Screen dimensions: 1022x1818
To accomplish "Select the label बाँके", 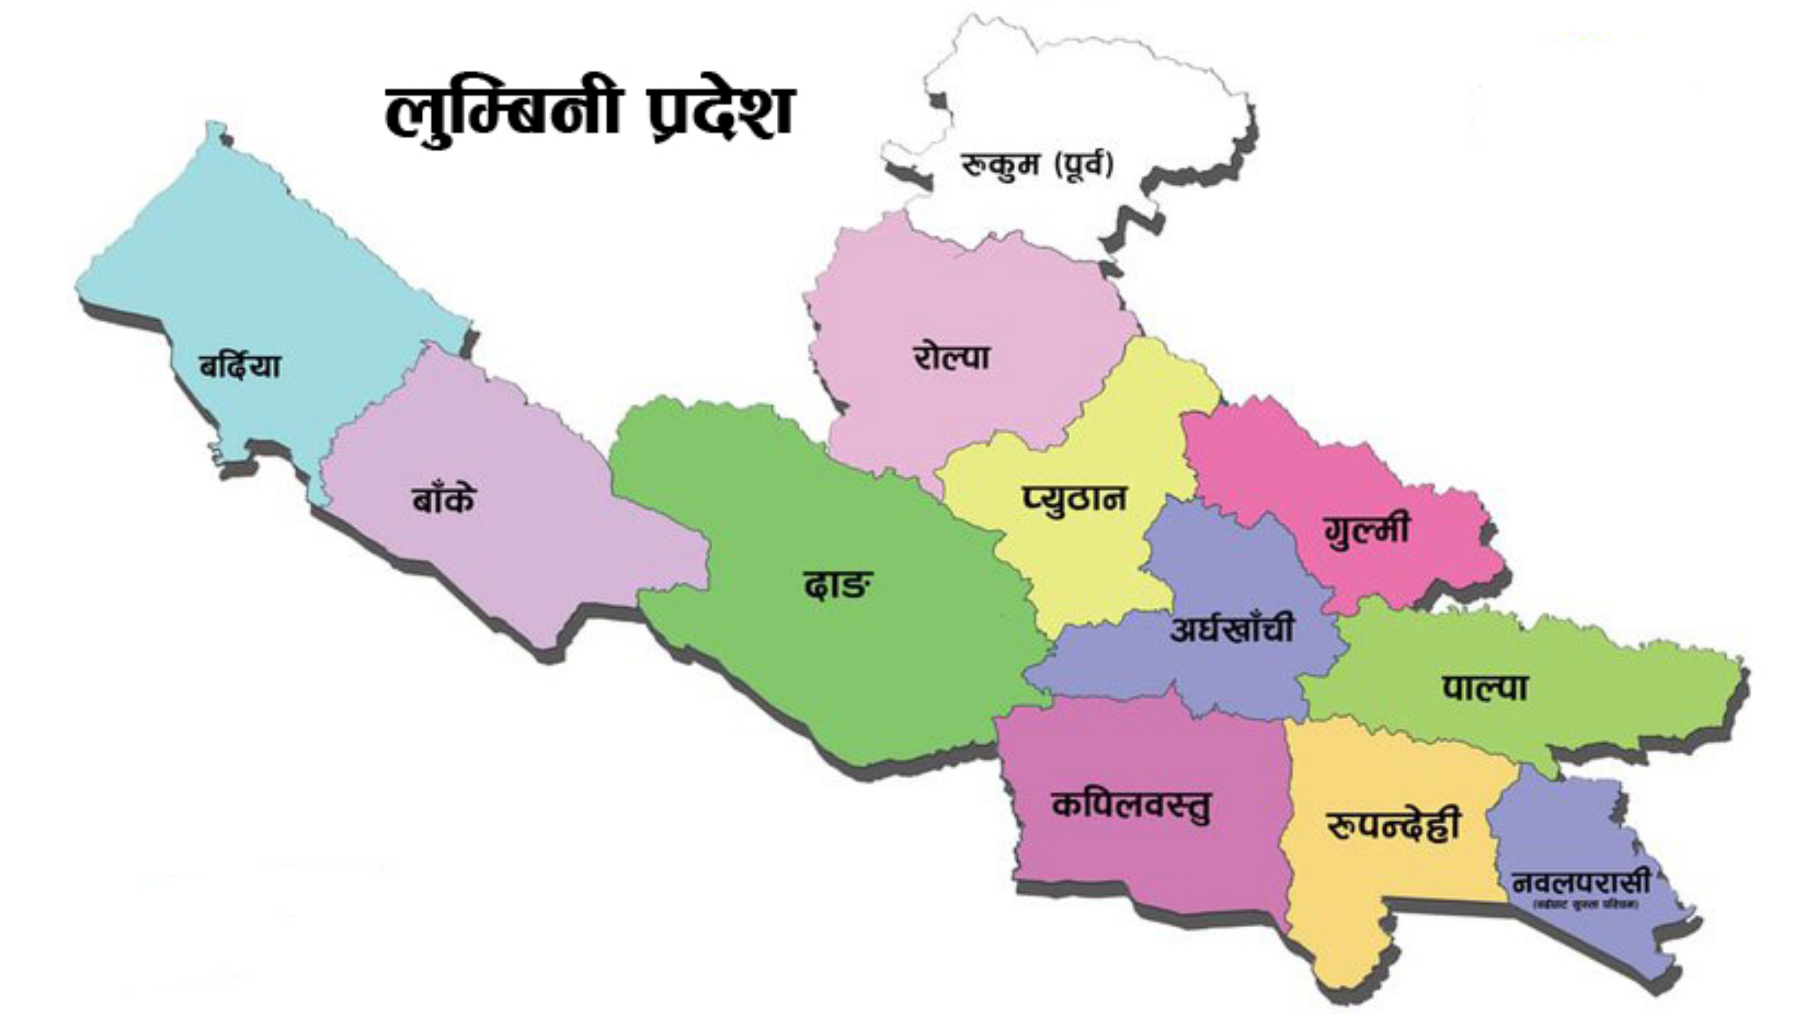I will pos(444,500).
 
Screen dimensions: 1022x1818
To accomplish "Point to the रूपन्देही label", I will pos(1392,827).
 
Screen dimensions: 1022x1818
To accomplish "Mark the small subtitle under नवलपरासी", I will pos(1585,905).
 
